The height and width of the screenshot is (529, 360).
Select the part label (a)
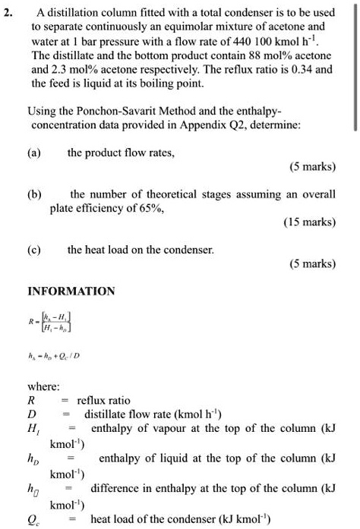click(x=35, y=153)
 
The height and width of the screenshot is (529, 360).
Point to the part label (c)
click(x=35, y=248)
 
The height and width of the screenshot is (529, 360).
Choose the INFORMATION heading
click(x=71, y=291)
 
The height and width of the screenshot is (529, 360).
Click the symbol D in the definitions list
click(x=31, y=414)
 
